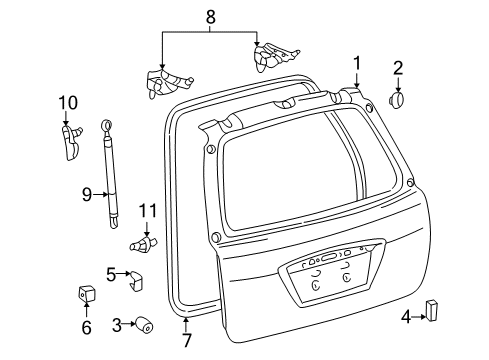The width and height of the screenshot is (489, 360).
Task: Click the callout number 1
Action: pyautogui.click(x=356, y=64)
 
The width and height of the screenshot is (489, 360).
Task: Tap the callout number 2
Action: pyautogui.click(x=398, y=68)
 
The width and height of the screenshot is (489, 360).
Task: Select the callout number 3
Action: pyautogui.click(x=117, y=324)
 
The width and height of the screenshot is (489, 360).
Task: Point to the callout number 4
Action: pyautogui.click(x=405, y=317)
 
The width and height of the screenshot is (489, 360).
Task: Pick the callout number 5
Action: pyautogui.click(x=112, y=272)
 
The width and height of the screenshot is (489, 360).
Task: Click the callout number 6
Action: pyautogui.click(x=86, y=327)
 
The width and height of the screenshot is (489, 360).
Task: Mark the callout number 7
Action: pyautogui.click(x=187, y=325)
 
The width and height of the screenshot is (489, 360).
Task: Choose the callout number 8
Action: pyautogui.click(x=209, y=16)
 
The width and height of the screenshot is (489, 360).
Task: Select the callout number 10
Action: pyautogui.click(x=66, y=101)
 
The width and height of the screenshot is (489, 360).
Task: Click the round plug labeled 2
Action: pyautogui.click(x=397, y=101)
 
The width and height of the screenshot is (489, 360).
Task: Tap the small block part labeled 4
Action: pyautogui.click(x=434, y=310)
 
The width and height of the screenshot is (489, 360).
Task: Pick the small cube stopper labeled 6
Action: pyautogui.click(x=87, y=294)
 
